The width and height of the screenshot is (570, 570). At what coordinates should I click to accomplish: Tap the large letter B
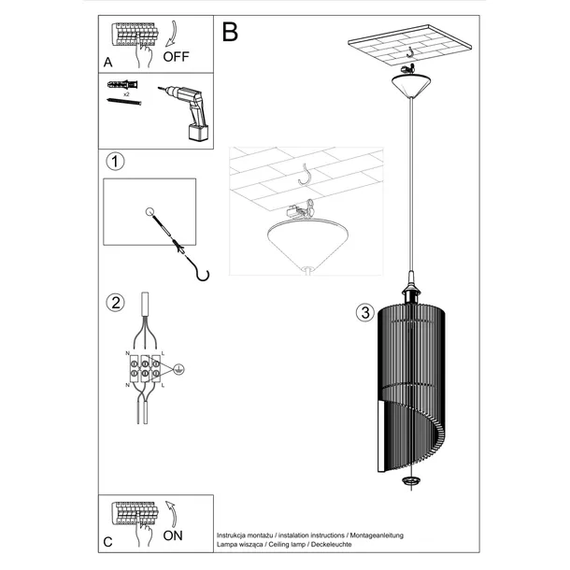[230, 32]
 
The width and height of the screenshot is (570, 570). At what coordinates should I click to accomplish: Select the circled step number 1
[115, 163]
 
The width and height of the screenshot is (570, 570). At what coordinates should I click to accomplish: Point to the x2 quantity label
[126, 95]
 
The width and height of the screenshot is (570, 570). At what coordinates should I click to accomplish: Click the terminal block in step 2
[145, 368]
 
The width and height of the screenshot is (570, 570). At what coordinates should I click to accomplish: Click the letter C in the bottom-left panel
[108, 540]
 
